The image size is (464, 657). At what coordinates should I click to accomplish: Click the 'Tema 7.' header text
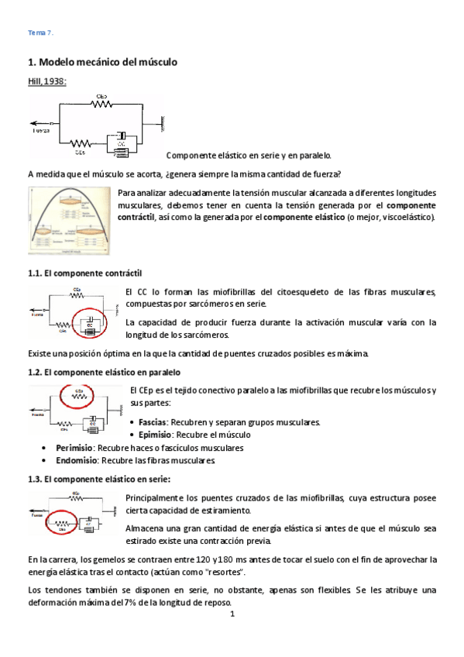point(40,33)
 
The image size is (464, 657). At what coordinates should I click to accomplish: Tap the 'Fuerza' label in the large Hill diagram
point(41,130)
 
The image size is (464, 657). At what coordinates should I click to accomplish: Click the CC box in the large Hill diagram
point(121,143)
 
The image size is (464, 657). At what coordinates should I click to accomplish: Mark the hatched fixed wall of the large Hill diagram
point(163,122)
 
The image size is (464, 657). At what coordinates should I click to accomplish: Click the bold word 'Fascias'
point(153,422)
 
